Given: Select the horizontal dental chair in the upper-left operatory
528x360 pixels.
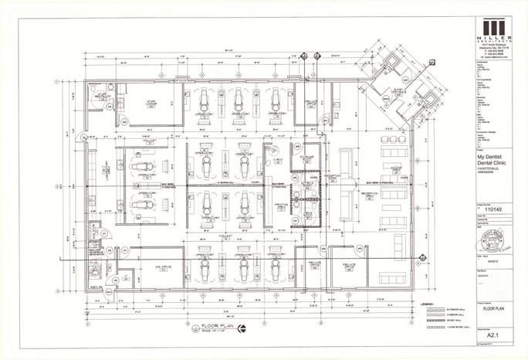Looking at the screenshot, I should click(141, 165).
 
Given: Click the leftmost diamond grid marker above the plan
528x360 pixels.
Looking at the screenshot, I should click(303, 56).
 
